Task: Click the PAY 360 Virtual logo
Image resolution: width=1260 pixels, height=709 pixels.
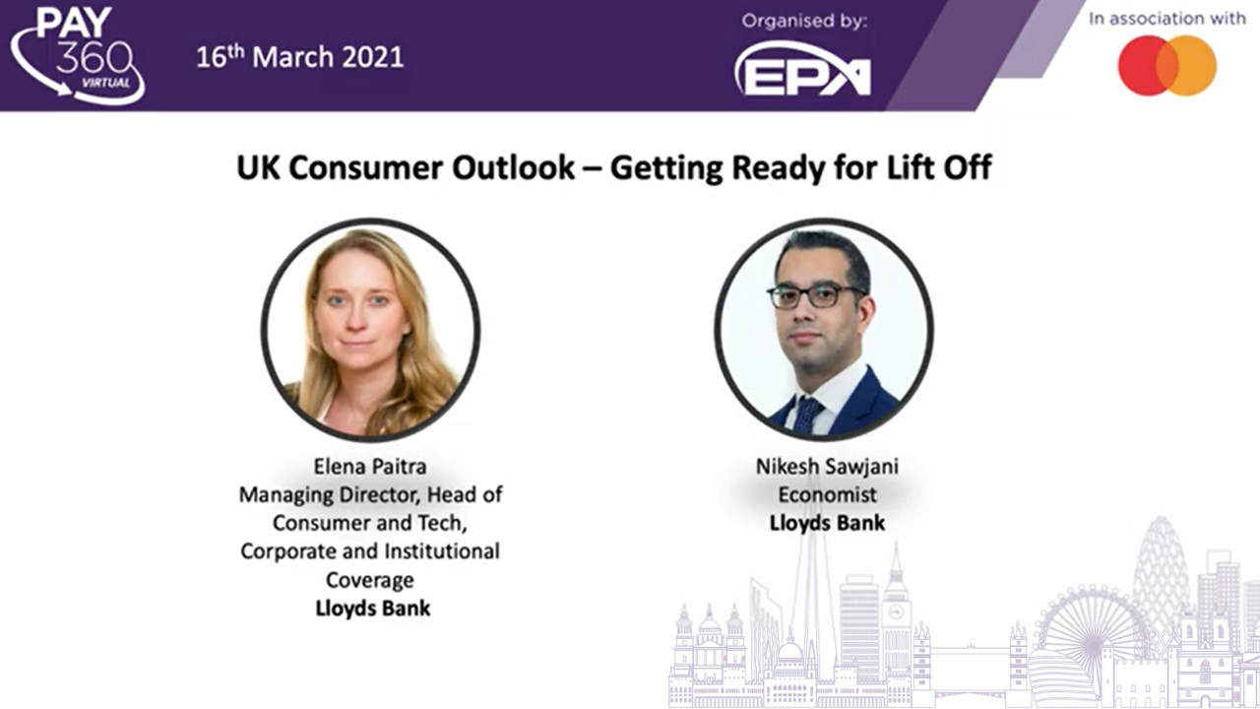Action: click(x=78, y=55)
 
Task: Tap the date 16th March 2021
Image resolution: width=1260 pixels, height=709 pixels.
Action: click(x=300, y=57)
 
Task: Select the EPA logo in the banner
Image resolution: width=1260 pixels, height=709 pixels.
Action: click(x=803, y=70)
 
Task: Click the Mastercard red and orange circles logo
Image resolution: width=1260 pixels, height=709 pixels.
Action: click(x=1167, y=65)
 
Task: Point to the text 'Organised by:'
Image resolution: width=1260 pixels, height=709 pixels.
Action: click(x=804, y=22)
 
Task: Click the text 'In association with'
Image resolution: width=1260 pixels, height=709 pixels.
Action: click(x=1167, y=19)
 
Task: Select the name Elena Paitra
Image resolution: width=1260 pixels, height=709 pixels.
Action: click(x=370, y=467)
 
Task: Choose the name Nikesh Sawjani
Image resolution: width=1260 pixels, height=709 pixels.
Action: click(x=827, y=467)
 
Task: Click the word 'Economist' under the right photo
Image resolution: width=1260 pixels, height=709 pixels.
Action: click(x=827, y=494)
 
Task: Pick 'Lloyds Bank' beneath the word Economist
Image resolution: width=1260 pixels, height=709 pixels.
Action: click(x=827, y=523)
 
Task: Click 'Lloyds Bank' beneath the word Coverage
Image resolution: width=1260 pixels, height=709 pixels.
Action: click(x=372, y=608)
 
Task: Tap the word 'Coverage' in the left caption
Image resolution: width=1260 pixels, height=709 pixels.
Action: click(x=370, y=580)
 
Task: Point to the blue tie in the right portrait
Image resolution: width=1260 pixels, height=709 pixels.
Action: click(x=808, y=415)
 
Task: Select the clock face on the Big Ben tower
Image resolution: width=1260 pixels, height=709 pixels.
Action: click(x=896, y=612)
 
